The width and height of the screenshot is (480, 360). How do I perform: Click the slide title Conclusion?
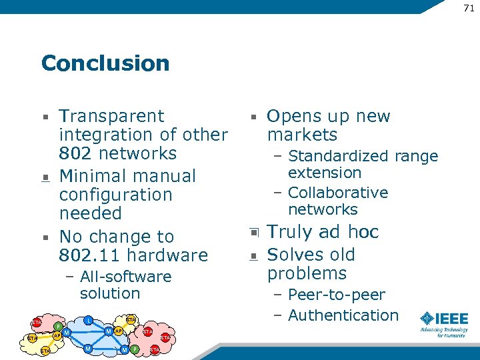(105, 63)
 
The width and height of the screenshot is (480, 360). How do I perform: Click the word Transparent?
(111, 116)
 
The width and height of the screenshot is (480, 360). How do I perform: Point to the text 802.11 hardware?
(133, 255)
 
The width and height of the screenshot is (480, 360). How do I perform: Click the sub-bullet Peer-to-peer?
(337, 295)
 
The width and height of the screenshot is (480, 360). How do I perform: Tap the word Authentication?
(343, 315)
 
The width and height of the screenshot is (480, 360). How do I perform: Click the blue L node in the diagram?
(88, 321)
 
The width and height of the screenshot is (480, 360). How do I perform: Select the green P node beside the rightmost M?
(134, 349)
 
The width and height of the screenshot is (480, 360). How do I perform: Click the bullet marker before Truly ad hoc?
(253, 233)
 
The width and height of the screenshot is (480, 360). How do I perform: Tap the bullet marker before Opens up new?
(253, 117)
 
